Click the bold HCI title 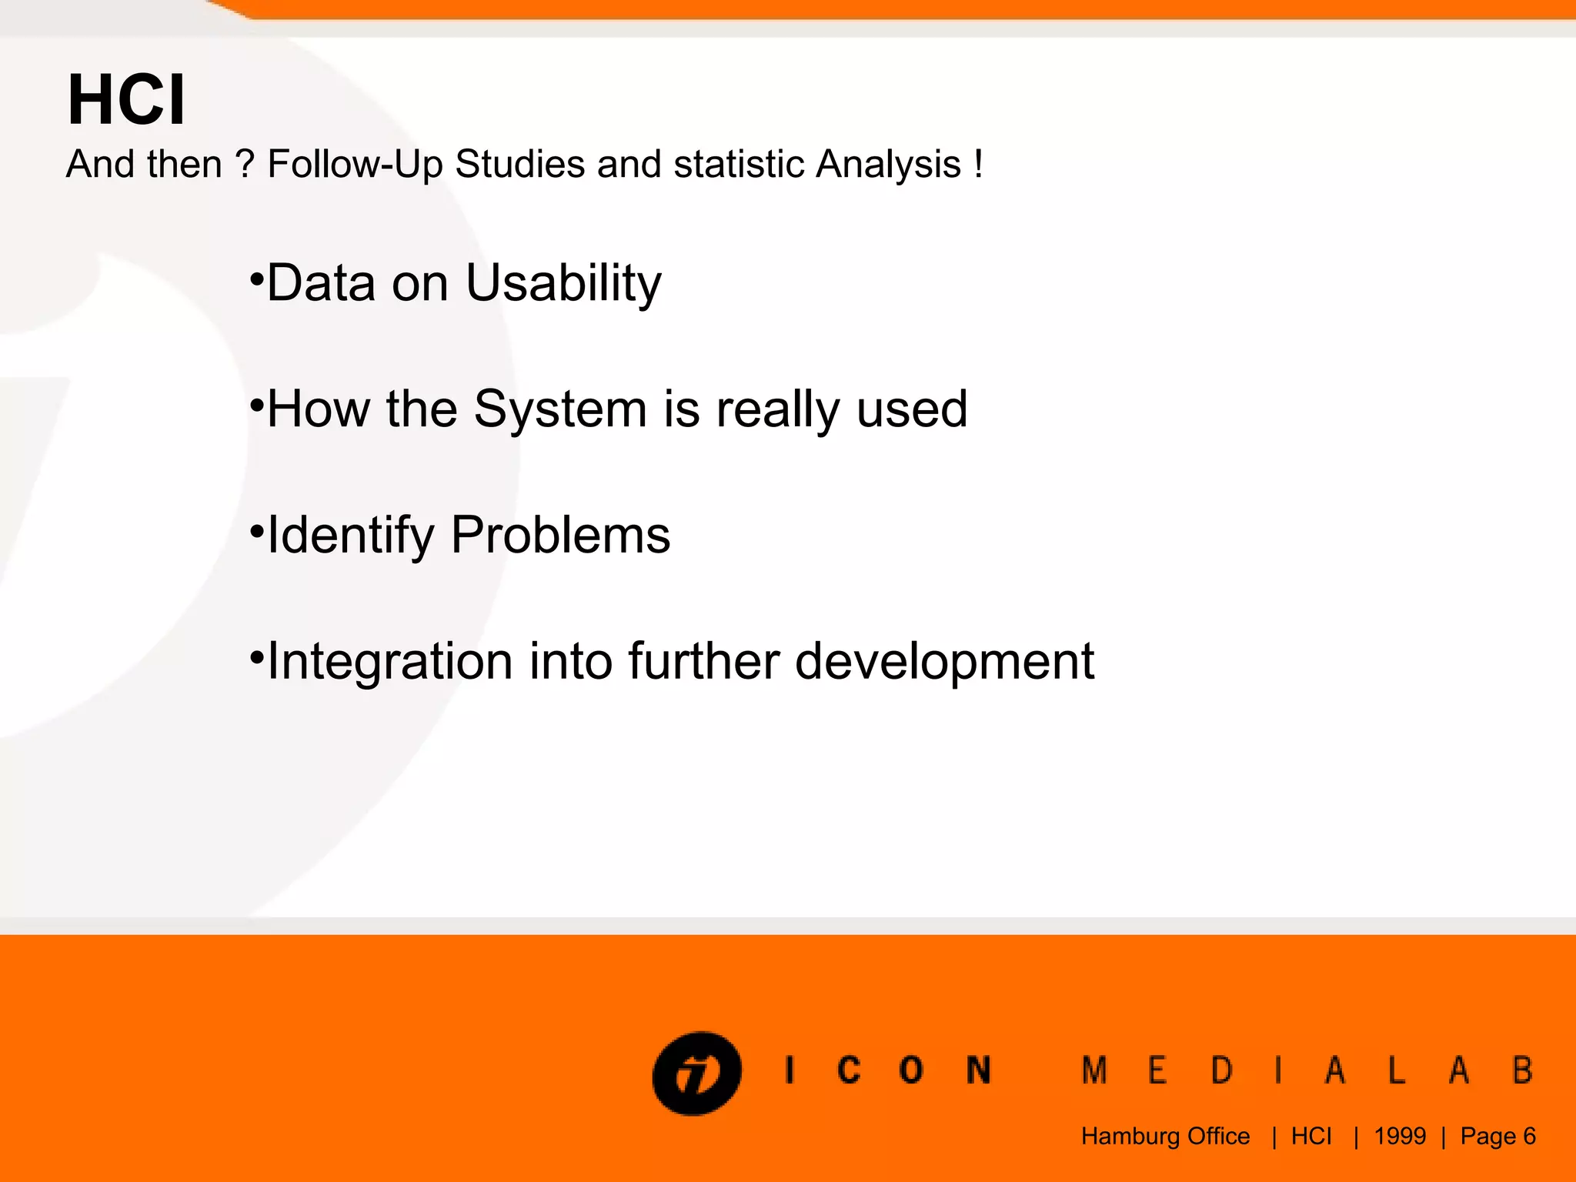pyautogui.click(x=127, y=100)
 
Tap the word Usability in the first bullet pyautogui.click(x=563, y=283)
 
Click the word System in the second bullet pyautogui.click(x=559, y=409)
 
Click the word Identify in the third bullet pyautogui.click(x=350, y=536)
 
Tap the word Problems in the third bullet pyautogui.click(x=560, y=535)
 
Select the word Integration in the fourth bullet pyautogui.click(x=389, y=661)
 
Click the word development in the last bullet pyautogui.click(x=944, y=662)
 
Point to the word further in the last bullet pyautogui.click(x=703, y=661)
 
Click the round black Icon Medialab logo pyautogui.click(x=697, y=1073)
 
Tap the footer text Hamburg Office pyautogui.click(x=1165, y=1136)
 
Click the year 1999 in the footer pyautogui.click(x=1400, y=1136)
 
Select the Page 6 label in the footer pyautogui.click(x=1498, y=1136)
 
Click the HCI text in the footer pyautogui.click(x=1311, y=1136)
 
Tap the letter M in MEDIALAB pyautogui.click(x=1094, y=1070)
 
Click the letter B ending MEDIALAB pyautogui.click(x=1523, y=1070)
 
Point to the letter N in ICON pyautogui.click(x=978, y=1070)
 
